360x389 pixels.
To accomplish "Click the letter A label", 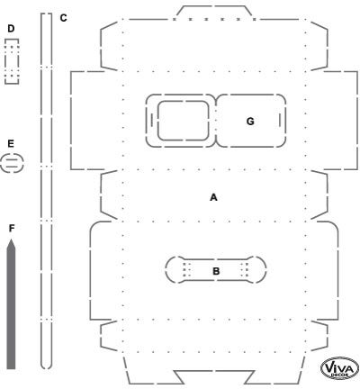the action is [213, 197].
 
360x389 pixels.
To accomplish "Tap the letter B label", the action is [216, 271].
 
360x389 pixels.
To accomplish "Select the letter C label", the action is [63, 18].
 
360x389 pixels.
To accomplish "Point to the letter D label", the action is [11, 29].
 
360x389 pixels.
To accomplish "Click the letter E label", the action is [11, 144].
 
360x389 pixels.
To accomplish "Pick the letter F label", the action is [12, 229].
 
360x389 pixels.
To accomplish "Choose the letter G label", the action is [250, 122].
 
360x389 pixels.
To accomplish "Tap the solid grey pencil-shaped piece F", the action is [11, 303].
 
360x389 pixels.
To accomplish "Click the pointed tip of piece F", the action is [11, 240].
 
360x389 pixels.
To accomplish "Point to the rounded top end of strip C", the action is [47, 14].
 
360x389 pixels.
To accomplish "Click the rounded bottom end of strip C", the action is [47, 368].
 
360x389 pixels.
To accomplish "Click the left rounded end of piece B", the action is [166, 269].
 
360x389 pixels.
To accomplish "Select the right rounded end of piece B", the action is [266, 269].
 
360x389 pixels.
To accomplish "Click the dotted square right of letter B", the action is [245, 269].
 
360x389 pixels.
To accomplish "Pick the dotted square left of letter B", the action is [187, 269].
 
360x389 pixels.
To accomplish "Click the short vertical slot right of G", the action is [280, 120].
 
